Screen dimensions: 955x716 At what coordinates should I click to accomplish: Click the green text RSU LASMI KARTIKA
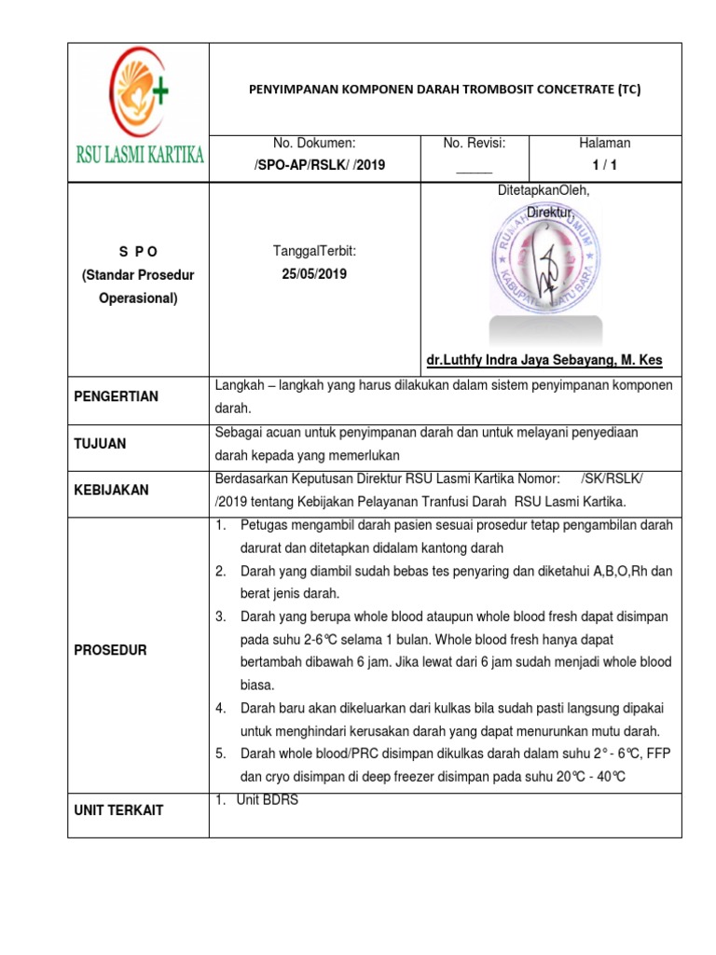pyautogui.click(x=140, y=154)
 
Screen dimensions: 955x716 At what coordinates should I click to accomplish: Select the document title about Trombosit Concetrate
pyautogui.click(x=446, y=90)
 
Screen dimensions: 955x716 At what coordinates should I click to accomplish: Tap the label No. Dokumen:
pyautogui.click(x=314, y=143)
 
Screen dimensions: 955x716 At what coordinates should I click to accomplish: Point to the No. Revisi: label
pyautogui.click(x=474, y=143)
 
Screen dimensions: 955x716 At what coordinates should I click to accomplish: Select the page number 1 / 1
pyautogui.click(x=604, y=165)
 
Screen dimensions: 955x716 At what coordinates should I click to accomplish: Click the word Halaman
pyautogui.click(x=604, y=143)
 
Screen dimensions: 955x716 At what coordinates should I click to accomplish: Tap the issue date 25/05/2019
pyautogui.click(x=314, y=275)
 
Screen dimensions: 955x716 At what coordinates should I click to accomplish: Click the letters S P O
pyautogui.click(x=140, y=252)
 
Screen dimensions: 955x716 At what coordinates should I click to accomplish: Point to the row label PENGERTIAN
pyautogui.click(x=117, y=396)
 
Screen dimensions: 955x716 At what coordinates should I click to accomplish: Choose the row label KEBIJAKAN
pyautogui.click(x=111, y=490)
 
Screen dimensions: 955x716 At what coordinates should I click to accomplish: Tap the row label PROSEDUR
pyautogui.click(x=110, y=650)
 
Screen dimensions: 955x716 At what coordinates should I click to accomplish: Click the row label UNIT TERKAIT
pyautogui.click(x=118, y=810)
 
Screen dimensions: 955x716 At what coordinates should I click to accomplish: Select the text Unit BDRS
pyautogui.click(x=268, y=800)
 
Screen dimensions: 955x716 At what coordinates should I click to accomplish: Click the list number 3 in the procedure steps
pyautogui.click(x=221, y=617)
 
